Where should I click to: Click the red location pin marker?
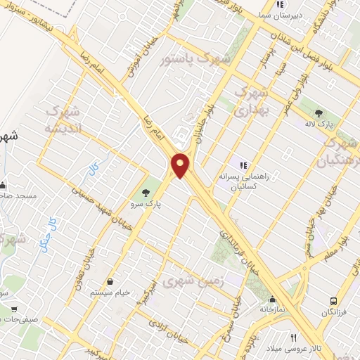click(x=181, y=165)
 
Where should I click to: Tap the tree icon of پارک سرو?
click(x=146, y=191)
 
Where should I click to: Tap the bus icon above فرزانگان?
click(x=334, y=301)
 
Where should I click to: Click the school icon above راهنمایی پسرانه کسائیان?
click(x=243, y=165)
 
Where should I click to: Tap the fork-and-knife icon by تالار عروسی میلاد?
click(x=294, y=337)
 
